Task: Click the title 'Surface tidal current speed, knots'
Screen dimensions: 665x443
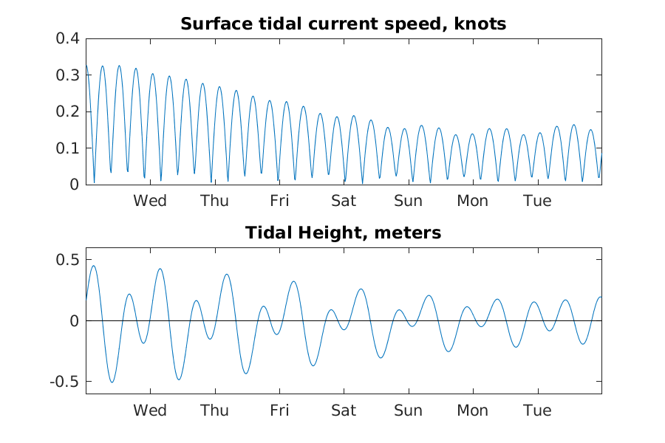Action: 343,24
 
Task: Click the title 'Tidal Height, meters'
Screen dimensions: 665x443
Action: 343,233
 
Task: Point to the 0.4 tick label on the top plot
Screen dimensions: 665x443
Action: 68,38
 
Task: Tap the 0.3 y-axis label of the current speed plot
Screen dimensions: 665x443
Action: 68,75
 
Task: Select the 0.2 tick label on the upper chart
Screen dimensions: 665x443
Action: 68,111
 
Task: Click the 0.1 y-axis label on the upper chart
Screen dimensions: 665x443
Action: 68,148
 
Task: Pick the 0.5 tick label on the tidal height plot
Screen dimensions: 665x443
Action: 68,260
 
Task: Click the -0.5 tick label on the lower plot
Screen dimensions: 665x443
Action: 65,382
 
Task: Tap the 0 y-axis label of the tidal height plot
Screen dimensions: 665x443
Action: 75,321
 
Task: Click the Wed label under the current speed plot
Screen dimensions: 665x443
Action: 150,201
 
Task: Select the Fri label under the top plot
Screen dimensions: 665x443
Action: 279,201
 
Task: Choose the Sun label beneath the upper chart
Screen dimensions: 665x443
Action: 409,201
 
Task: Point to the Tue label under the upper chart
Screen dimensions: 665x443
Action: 537,201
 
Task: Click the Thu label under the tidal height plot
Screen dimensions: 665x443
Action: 214,410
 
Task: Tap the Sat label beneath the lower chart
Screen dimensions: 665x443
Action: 344,410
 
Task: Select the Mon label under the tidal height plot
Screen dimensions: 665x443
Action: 473,410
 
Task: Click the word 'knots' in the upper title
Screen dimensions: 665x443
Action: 480,24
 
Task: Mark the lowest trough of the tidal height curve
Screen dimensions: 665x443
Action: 112,382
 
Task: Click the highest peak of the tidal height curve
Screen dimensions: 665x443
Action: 94,266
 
